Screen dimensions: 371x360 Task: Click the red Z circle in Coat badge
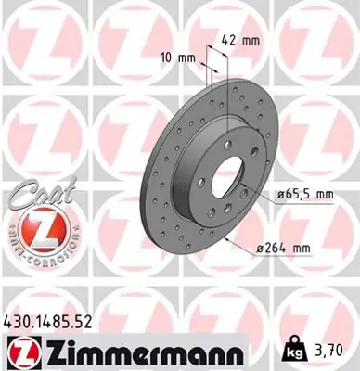point(39,227)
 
